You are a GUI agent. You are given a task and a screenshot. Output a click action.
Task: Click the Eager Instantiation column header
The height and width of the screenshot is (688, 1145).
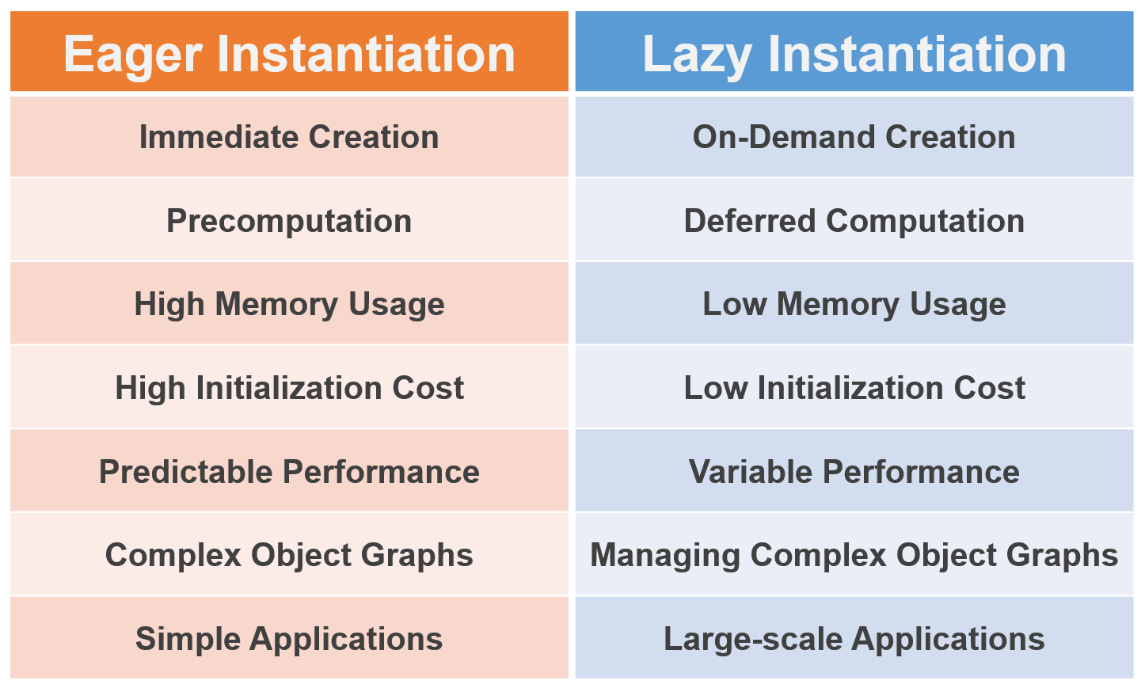point(289,53)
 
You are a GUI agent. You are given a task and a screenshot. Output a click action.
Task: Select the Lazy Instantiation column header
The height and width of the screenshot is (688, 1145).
point(854,53)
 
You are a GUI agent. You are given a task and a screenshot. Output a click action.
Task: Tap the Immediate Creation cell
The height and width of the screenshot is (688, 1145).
point(289,137)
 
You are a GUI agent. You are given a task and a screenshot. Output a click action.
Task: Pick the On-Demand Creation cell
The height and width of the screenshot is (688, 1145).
point(854,137)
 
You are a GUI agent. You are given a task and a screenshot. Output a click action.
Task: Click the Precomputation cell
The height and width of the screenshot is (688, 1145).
point(289,221)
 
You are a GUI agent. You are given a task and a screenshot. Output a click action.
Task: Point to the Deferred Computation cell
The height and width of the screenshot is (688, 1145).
point(854,221)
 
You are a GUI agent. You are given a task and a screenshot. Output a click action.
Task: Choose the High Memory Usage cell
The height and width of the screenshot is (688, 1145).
point(289,304)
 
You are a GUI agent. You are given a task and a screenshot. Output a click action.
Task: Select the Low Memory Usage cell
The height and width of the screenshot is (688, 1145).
point(854,304)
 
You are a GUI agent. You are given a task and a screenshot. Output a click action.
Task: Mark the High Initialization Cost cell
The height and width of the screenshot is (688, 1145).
point(289,388)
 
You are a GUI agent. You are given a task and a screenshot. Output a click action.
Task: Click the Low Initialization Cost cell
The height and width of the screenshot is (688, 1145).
point(854,388)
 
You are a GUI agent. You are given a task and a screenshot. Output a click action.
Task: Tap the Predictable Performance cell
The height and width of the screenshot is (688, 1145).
point(289,472)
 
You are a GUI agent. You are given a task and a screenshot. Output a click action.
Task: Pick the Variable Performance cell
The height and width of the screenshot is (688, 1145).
point(854,472)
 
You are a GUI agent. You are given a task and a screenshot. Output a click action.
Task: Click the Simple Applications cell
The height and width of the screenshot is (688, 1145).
point(289,639)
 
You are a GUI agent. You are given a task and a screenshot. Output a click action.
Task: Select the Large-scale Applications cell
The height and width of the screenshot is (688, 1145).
point(854,639)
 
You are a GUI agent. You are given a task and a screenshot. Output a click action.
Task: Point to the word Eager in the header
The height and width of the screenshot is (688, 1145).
point(134,55)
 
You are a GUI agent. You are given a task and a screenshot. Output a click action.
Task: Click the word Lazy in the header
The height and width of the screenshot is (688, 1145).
point(697,55)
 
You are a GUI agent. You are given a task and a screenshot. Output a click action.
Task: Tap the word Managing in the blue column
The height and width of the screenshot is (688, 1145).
point(665,556)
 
